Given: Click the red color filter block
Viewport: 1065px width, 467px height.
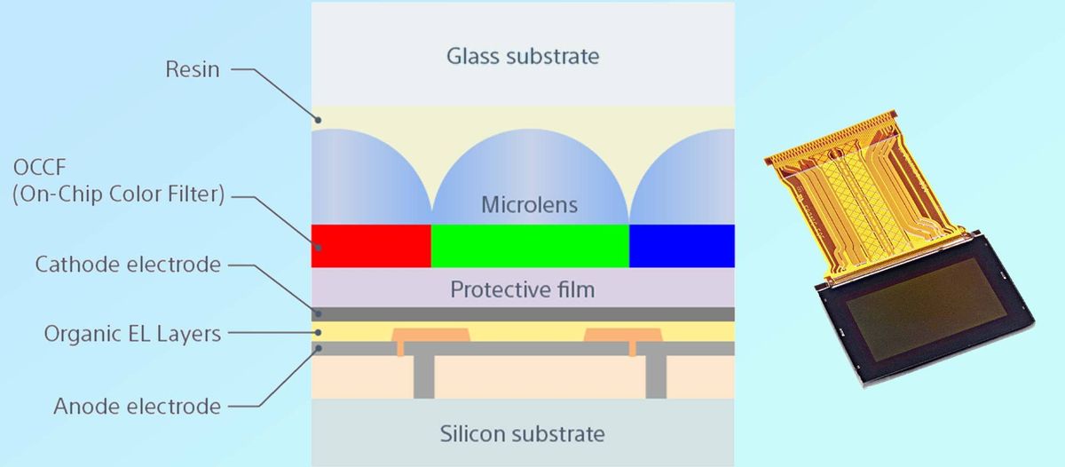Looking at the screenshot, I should point(370,245).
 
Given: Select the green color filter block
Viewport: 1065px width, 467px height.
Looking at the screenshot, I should point(530,245).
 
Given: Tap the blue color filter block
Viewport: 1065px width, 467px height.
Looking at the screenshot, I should point(682,245).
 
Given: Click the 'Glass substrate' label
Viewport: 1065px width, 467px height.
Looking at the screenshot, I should point(523,56).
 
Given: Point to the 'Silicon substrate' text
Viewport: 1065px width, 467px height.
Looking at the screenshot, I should point(523,434).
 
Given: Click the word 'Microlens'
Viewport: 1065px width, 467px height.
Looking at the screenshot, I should point(529,205).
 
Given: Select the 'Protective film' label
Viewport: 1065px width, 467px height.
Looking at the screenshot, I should point(523,289).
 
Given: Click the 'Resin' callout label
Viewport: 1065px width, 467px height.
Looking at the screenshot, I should point(193,68).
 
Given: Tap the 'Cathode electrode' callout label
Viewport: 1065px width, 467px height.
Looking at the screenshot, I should point(128,265).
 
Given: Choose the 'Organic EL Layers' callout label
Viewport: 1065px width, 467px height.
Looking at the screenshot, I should point(132,334).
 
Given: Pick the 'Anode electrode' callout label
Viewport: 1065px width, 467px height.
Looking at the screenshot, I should point(137,407).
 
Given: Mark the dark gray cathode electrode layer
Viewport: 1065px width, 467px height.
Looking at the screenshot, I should point(523,314).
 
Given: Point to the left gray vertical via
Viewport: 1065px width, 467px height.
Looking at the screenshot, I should point(424,376).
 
